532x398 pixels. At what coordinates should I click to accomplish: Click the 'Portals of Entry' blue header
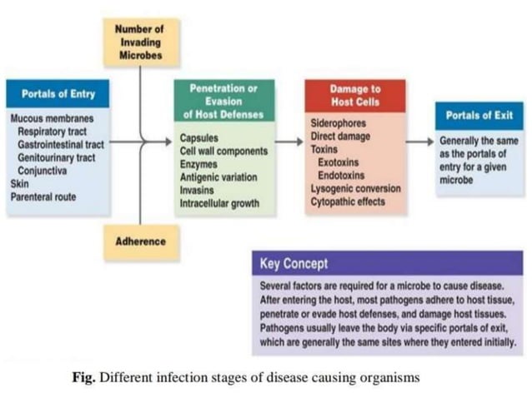[58, 94]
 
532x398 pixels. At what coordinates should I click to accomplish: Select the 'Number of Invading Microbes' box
[139, 40]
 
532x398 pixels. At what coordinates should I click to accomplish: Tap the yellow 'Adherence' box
[140, 241]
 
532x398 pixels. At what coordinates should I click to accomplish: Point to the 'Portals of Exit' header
[479, 115]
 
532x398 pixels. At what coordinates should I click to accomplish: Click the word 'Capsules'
[199, 138]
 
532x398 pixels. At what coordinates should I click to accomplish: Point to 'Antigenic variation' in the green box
[218, 177]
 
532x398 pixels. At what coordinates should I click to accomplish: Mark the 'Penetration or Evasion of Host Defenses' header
[224, 101]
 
